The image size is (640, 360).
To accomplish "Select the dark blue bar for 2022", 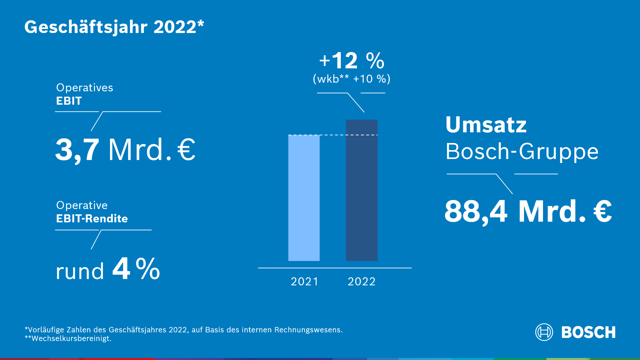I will (362, 190).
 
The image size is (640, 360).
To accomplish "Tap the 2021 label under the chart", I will (305, 282).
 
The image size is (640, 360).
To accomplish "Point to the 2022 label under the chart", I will (362, 282).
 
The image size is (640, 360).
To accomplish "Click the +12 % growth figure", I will (352, 61).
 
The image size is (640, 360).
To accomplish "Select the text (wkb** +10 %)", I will (352, 79).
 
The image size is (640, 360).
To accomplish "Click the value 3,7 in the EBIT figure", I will (77, 150).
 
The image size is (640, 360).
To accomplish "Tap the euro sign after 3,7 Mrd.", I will (186, 150).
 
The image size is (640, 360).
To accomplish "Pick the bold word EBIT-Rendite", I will (92, 219).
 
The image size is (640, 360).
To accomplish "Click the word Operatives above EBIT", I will (85, 88).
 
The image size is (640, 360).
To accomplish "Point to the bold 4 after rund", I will (121, 269).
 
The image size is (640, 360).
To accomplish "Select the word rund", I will (80, 271).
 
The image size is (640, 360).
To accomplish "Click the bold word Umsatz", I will (486, 125).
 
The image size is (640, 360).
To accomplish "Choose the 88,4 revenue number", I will (476, 211).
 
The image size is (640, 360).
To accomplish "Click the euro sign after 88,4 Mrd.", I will (603, 211).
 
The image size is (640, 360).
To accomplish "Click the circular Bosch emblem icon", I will (544, 332).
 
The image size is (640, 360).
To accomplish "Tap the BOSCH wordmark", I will (588, 332).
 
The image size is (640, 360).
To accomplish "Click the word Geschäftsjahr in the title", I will (86, 27).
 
